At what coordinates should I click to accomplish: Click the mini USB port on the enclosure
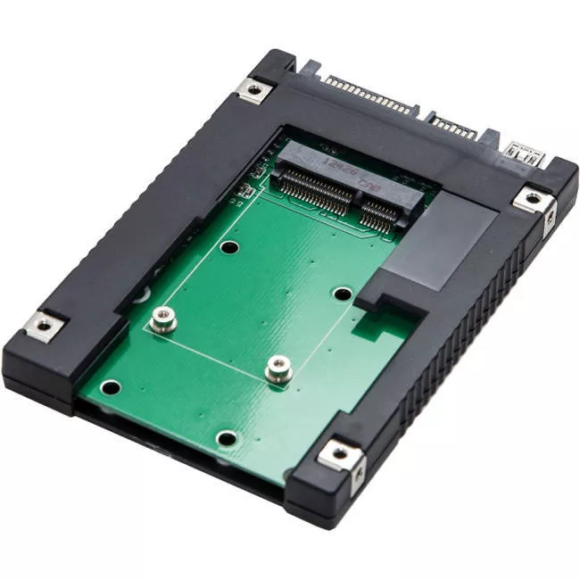tap(519, 150)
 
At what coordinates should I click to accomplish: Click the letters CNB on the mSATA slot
tap(371, 187)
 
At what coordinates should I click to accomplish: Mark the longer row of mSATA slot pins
tap(313, 189)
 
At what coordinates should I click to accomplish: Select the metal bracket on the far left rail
tap(43, 326)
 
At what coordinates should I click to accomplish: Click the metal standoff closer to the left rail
tap(162, 319)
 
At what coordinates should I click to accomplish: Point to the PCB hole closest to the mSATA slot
tap(230, 247)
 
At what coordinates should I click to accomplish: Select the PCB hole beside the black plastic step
tap(343, 293)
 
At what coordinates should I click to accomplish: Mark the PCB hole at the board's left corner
tap(112, 387)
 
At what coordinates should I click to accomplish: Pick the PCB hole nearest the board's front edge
tap(228, 438)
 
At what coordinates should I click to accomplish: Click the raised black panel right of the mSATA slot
tap(446, 241)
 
